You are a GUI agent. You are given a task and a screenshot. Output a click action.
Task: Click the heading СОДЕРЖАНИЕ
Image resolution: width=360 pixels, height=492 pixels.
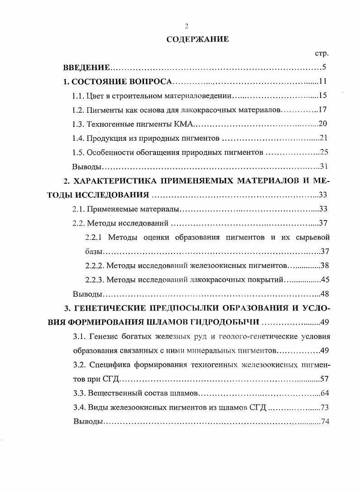pyautogui.click(x=197, y=39)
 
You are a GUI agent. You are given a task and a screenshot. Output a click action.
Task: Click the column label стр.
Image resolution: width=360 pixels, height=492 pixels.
pyautogui.click(x=321, y=53)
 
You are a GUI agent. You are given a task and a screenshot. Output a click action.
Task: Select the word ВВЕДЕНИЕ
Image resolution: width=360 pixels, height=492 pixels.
pyautogui.click(x=86, y=68)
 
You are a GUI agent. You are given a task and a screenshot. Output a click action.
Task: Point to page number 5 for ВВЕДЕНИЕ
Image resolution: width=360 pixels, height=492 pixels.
pyautogui.click(x=324, y=68)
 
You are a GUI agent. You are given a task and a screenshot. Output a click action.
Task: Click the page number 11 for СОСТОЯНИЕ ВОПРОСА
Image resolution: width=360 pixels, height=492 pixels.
pyautogui.click(x=323, y=82)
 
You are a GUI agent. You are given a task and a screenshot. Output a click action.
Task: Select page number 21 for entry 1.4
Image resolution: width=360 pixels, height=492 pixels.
pyautogui.click(x=323, y=138)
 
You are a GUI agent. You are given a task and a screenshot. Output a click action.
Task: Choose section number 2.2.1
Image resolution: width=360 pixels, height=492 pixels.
pyautogui.click(x=95, y=237)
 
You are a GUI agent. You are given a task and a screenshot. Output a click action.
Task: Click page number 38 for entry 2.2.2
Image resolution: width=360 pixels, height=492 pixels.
pyautogui.click(x=324, y=266)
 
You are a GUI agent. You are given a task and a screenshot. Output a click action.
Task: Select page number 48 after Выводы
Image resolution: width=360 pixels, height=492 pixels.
pyautogui.click(x=324, y=294)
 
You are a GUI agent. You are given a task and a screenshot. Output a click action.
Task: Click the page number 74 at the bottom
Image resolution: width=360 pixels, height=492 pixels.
pyautogui.click(x=324, y=421)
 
